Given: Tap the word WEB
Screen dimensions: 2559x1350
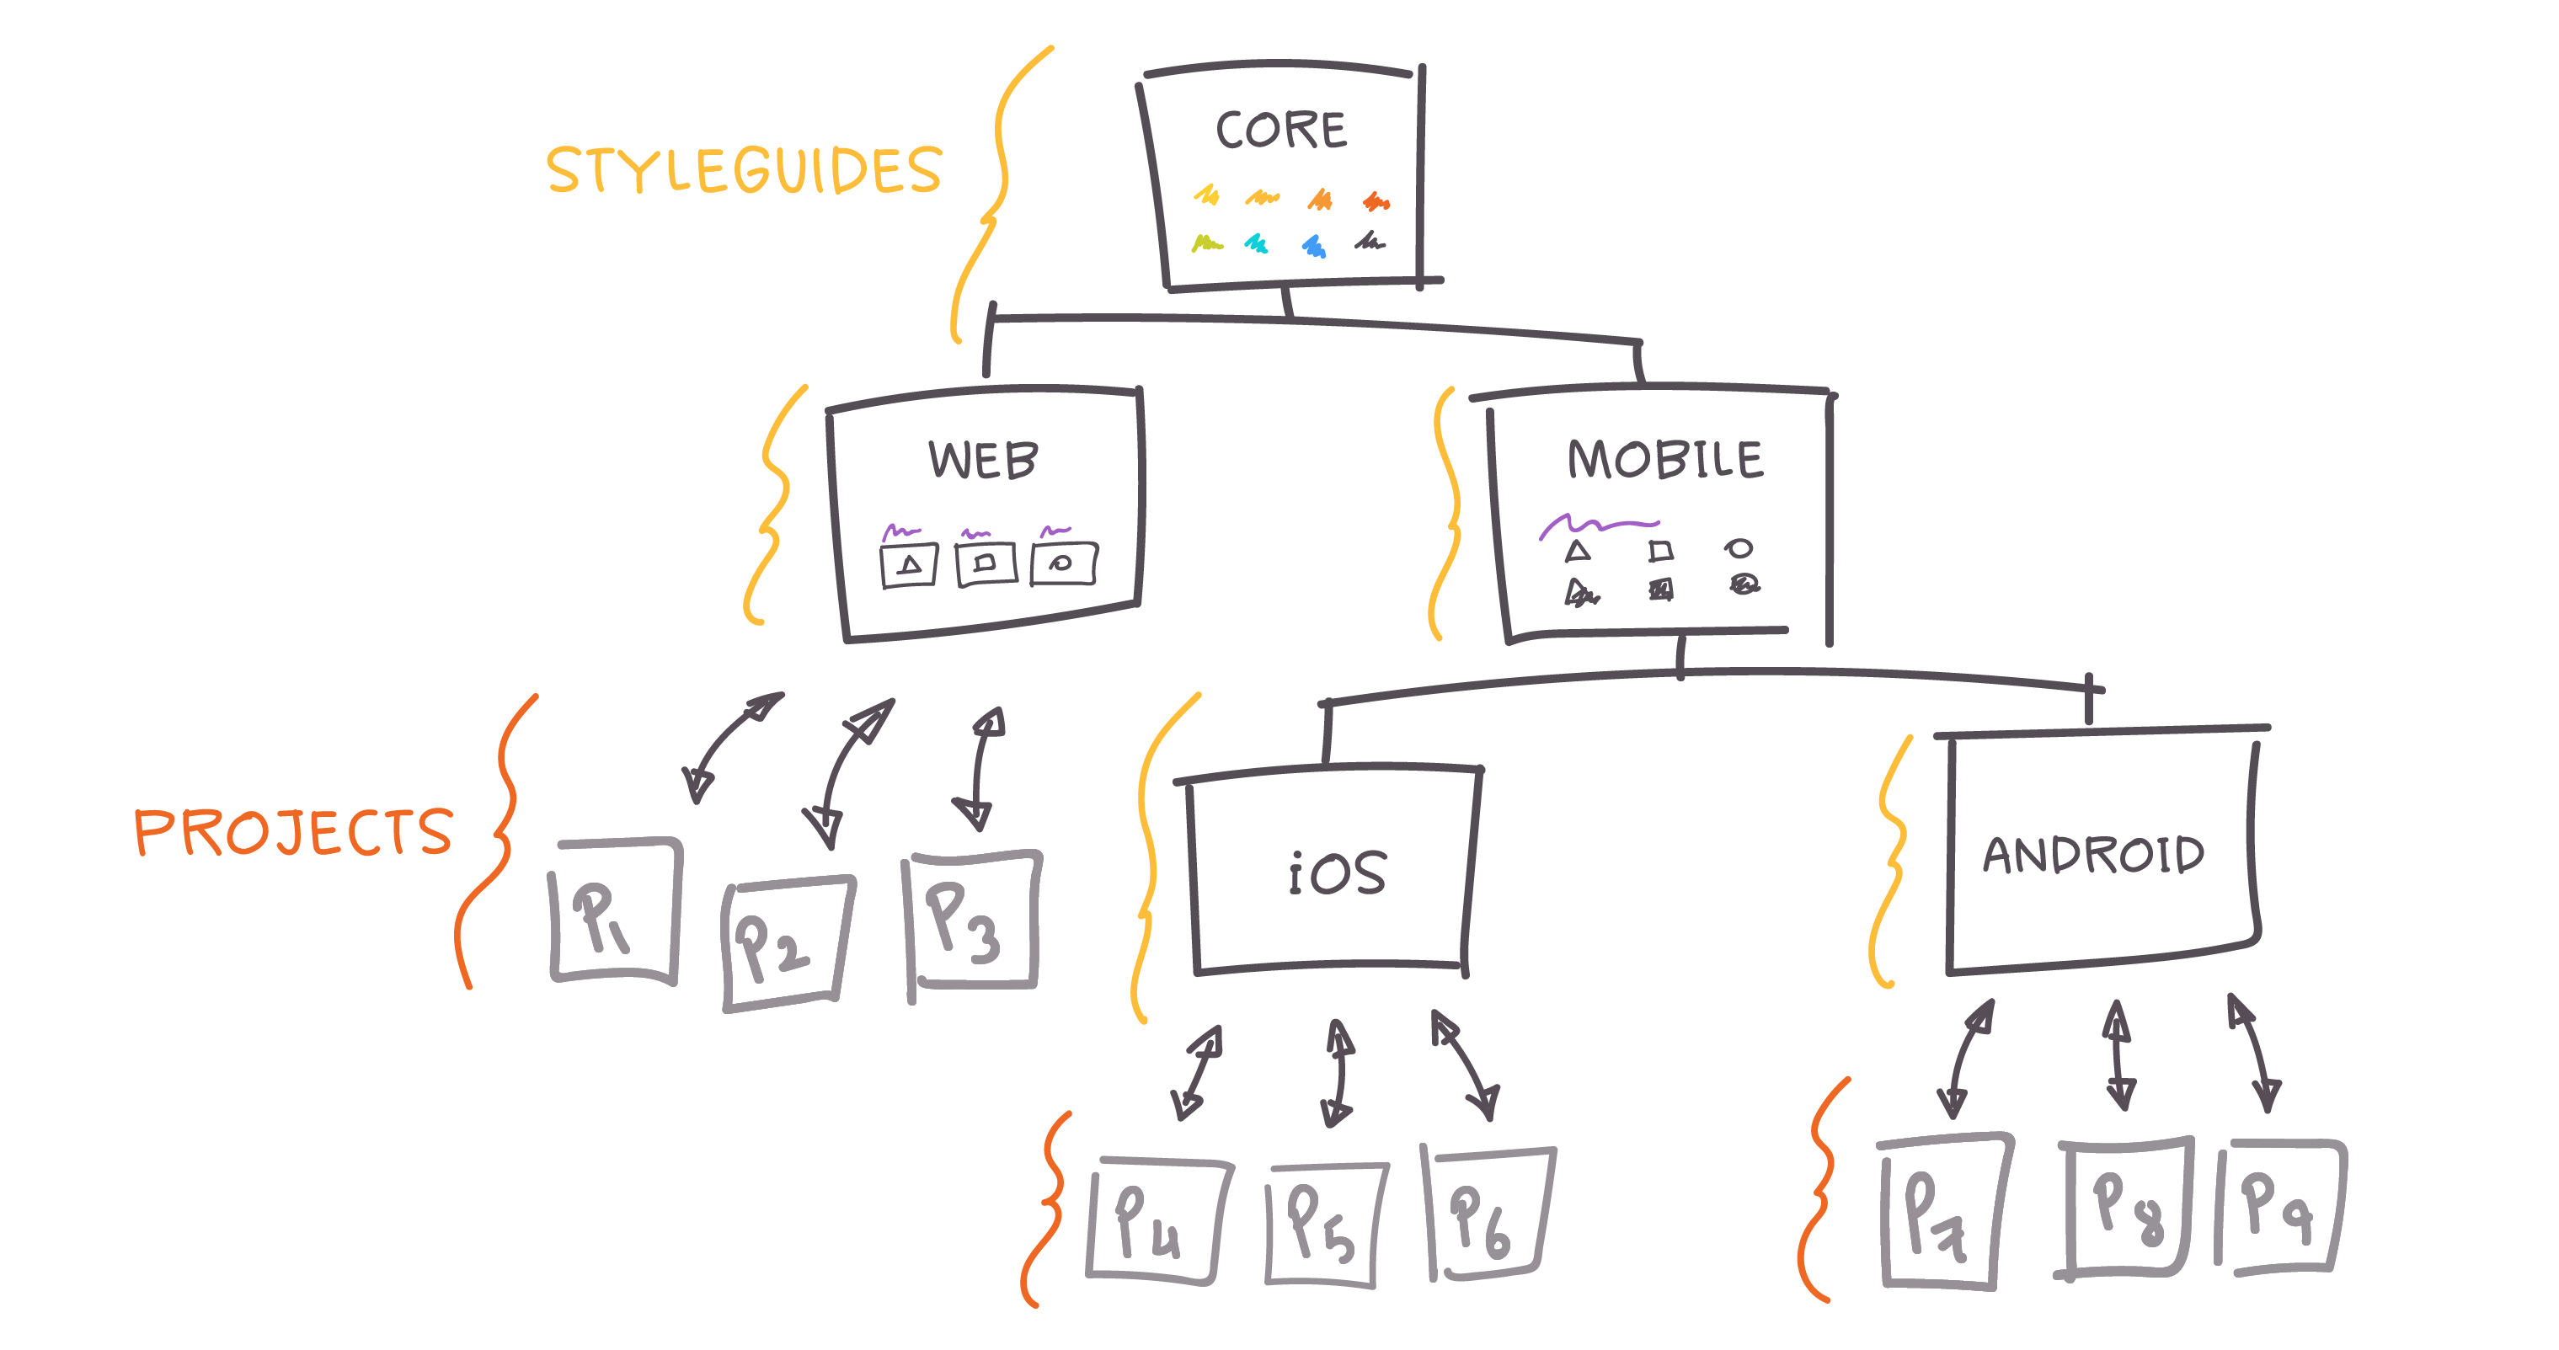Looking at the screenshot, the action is coord(984,460).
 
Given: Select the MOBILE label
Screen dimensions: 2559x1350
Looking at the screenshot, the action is coord(1665,459).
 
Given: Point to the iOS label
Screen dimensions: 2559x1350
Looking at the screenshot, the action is coord(1337,873).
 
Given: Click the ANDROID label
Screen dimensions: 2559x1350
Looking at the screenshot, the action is coord(2094,854).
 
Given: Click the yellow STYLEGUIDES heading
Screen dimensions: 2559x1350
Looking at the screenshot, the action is coord(744,170).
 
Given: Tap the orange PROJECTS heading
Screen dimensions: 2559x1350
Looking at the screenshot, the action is coord(294,831).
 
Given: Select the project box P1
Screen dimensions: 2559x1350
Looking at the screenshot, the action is coord(616,912).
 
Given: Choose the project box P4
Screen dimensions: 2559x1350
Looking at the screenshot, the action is coord(1158,1222).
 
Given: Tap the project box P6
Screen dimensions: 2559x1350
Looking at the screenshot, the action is coord(1490,1214).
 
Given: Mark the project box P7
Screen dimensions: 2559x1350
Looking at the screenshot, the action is coord(1944,1212).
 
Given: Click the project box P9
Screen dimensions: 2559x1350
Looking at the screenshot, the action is coord(2281,1207).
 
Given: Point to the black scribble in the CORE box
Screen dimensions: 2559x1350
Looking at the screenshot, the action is coord(1370,240).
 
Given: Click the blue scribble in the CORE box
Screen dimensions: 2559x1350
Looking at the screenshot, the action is coord(1314,245).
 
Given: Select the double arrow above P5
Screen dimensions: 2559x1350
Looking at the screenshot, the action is coord(1338,1073).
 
